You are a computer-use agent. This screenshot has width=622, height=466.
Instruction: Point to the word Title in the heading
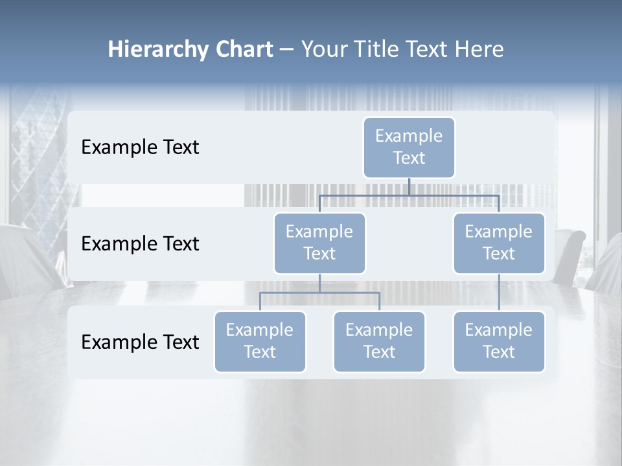tap(376, 50)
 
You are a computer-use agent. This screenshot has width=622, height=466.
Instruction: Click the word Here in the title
tap(479, 50)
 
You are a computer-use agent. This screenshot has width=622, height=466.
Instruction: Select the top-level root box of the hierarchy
tap(409, 147)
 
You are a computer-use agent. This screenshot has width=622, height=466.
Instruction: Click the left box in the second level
tap(319, 243)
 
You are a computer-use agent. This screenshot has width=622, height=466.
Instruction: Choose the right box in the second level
tap(499, 243)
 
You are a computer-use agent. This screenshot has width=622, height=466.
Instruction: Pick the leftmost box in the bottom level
tap(260, 341)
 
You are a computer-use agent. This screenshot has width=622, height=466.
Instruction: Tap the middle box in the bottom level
tap(379, 341)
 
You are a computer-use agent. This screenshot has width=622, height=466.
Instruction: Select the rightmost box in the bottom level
tap(499, 341)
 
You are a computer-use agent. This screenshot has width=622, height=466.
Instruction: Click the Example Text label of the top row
tap(140, 147)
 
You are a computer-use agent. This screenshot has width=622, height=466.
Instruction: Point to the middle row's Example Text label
tap(140, 243)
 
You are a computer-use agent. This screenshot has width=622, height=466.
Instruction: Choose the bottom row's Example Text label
tap(140, 342)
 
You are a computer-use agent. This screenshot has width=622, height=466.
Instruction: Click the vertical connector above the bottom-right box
tap(499, 293)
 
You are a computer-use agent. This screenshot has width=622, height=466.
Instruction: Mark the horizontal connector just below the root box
tap(409, 195)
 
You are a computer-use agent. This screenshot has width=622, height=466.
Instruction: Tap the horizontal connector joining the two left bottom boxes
tap(319, 293)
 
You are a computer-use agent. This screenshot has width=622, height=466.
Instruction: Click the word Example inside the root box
tap(409, 136)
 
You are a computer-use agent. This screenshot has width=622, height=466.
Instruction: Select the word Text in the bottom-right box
tap(499, 352)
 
